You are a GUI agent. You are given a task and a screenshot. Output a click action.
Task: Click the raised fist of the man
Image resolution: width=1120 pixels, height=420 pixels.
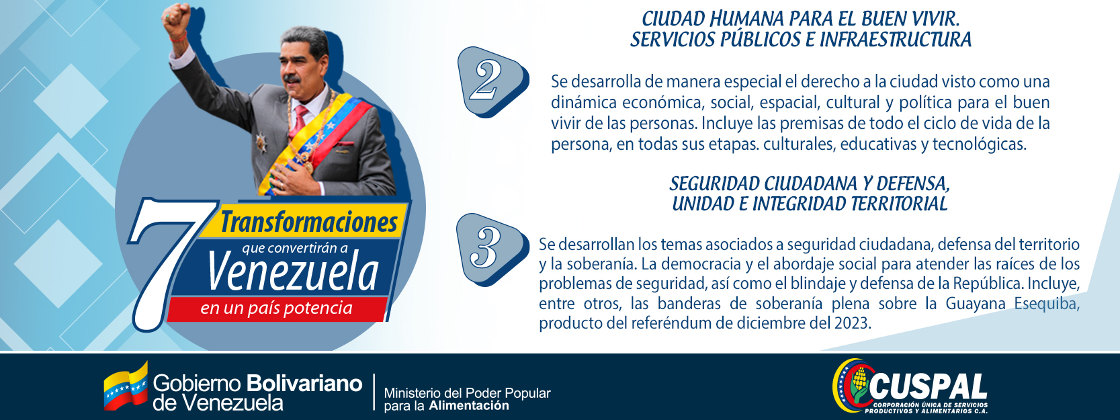click(176, 19)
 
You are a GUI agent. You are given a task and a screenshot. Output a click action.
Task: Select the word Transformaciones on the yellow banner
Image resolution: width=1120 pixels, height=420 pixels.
click(309, 222)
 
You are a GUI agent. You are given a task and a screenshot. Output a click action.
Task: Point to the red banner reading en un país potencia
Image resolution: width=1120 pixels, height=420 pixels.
click(277, 308)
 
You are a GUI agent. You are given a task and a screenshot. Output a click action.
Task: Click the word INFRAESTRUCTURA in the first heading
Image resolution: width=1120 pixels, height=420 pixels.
click(895, 40)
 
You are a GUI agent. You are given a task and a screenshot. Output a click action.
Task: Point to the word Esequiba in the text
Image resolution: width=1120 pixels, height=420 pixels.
click(1046, 304)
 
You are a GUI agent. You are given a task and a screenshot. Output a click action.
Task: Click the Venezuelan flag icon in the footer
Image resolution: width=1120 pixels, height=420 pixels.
click(126, 387)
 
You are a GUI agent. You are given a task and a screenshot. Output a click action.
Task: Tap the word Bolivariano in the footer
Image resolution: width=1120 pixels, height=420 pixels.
click(304, 384)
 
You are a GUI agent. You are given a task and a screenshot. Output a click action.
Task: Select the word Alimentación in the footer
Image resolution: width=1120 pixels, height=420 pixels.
click(469, 405)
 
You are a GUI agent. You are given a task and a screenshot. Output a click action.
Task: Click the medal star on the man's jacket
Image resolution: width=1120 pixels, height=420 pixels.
click(261, 142)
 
